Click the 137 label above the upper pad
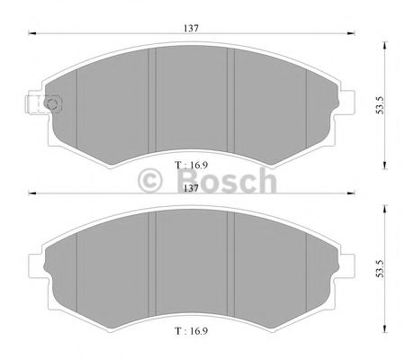point(192,29)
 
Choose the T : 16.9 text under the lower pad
point(191,330)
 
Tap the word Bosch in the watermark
point(225,183)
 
